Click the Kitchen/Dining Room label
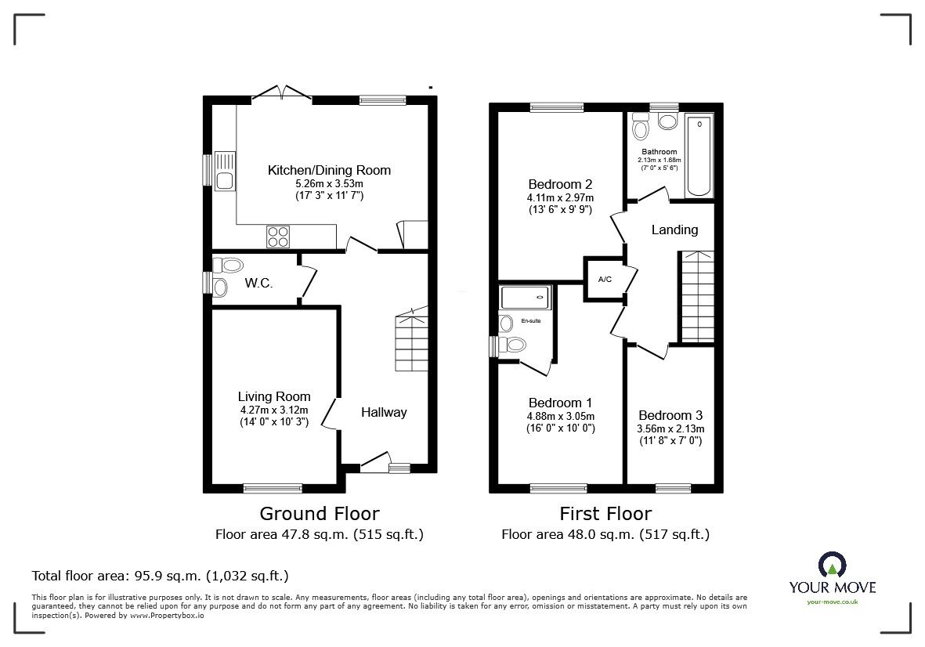[x=329, y=170]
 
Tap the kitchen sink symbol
[x=224, y=170]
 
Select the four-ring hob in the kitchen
[x=278, y=236]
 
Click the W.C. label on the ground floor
[x=258, y=284]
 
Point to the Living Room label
[x=274, y=396]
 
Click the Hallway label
[x=384, y=412]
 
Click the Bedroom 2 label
[x=560, y=185]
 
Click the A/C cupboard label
[x=605, y=279]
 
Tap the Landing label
[x=674, y=230]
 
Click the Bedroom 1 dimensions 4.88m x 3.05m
[x=560, y=416]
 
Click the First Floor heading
[x=605, y=514]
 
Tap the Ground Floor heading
[x=320, y=514]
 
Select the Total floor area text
[x=160, y=576]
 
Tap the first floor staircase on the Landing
[x=696, y=297]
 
